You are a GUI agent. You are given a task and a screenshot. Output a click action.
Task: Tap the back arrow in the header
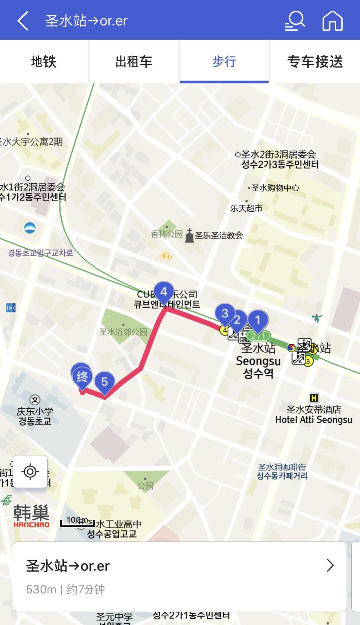pyautogui.click(x=23, y=21)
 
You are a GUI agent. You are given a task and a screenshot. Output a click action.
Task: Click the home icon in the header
pyautogui.click(x=332, y=21)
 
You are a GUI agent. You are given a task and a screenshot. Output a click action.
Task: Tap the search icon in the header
pyautogui.click(x=295, y=21)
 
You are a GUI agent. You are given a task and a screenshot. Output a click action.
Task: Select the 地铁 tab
pyautogui.click(x=44, y=62)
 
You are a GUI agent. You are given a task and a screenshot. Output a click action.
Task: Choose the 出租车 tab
pyautogui.click(x=134, y=62)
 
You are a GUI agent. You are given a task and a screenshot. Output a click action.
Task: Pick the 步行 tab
pyautogui.click(x=224, y=62)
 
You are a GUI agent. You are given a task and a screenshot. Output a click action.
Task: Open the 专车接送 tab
pyautogui.click(x=315, y=62)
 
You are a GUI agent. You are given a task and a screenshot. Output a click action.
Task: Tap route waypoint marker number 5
pyautogui.click(x=104, y=382)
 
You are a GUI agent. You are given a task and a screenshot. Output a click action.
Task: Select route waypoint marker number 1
pyautogui.click(x=258, y=320)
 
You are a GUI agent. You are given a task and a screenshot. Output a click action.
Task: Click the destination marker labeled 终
pyautogui.click(x=82, y=377)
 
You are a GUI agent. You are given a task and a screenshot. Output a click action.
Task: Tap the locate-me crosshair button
pyautogui.click(x=30, y=472)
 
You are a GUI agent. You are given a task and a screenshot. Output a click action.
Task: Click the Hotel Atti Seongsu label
pyautogui.click(x=314, y=420)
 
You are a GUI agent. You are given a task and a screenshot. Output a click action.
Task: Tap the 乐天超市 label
pyautogui.click(x=247, y=208)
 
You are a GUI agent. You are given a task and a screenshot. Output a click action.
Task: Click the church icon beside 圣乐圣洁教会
pyautogui.click(x=189, y=236)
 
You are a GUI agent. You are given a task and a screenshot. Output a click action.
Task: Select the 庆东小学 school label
pyautogui.click(x=35, y=411)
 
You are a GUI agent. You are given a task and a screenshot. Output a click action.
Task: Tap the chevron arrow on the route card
pyautogui.click(x=330, y=566)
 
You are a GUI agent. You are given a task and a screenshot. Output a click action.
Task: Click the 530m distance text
pyautogui.click(x=41, y=590)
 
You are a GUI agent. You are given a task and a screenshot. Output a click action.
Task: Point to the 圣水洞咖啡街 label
pyautogui.click(x=282, y=467)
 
